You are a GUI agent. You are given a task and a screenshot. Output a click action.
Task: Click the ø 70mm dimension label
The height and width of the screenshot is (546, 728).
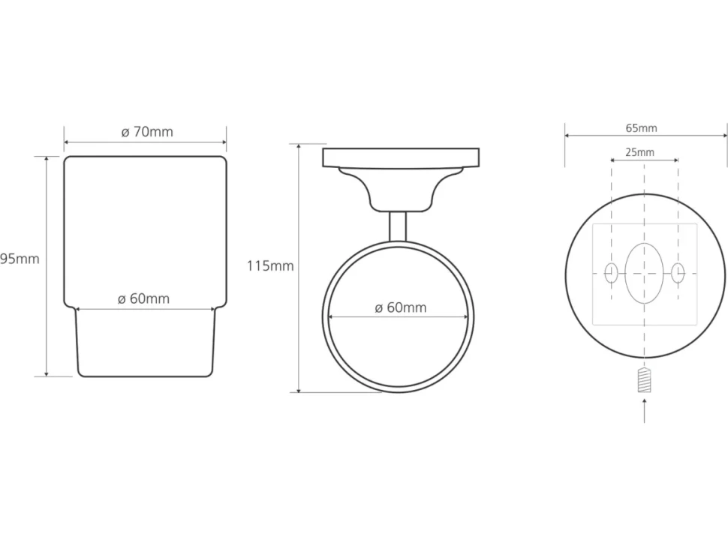click(147, 132)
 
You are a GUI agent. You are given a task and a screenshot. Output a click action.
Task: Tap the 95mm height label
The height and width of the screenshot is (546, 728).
click(20, 259)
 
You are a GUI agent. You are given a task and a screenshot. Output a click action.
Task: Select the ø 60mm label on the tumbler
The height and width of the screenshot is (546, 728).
click(143, 298)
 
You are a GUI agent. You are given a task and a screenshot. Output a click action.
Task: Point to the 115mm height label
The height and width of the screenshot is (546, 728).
click(270, 265)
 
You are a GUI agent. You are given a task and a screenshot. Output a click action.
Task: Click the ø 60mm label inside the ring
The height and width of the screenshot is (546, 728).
click(401, 307)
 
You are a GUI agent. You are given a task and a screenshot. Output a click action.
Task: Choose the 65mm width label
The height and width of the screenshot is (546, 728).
click(641, 128)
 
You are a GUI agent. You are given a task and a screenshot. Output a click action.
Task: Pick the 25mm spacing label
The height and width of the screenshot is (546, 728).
click(639, 152)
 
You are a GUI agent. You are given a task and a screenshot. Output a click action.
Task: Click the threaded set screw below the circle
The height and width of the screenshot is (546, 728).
click(644, 379)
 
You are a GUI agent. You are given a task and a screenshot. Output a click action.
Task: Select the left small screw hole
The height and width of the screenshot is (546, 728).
click(611, 273)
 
